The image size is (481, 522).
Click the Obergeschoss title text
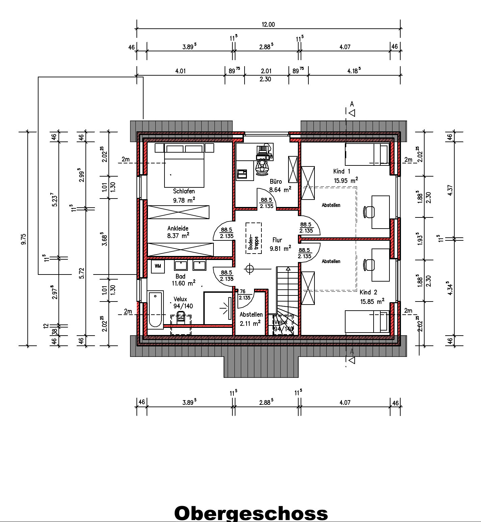coord(251,513)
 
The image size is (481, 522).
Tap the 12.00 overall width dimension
coord(268,24)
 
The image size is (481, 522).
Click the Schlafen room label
coord(184,191)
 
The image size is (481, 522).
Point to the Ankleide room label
coord(178,228)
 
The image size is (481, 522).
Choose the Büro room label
coord(276,181)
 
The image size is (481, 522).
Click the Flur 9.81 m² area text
coord(280,249)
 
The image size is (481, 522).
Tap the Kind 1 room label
coord(342,171)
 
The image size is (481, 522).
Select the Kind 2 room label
coord(369,292)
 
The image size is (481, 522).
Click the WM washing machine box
coord(158,266)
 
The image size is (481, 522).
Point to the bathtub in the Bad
coord(155,310)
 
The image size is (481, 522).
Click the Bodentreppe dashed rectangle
coord(253,238)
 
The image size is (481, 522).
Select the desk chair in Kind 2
coord(369,265)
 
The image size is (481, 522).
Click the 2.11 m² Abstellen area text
coord(250,323)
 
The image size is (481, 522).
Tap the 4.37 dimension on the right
coord(450,190)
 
